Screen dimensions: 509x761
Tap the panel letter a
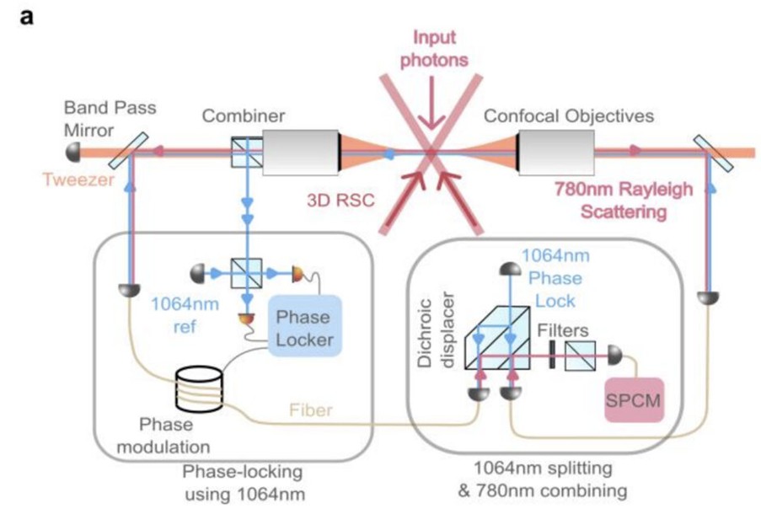[x=27, y=18]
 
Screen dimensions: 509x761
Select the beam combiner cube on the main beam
[x=245, y=153]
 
